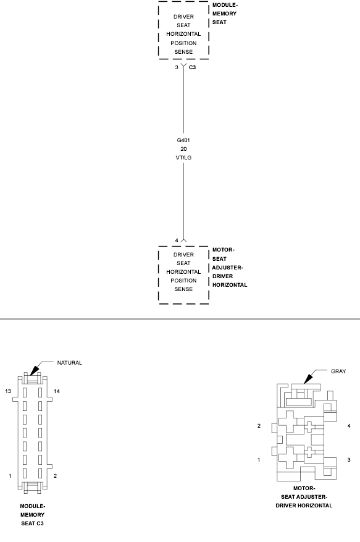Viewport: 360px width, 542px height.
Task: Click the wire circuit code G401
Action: pyautogui.click(x=183, y=140)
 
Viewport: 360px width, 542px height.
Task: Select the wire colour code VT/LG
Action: pyautogui.click(x=183, y=158)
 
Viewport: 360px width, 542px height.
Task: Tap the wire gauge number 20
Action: pyautogui.click(x=183, y=149)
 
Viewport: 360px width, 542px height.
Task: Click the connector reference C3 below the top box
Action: pyautogui.click(x=193, y=67)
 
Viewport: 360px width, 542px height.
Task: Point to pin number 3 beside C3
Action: pyautogui.click(x=177, y=67)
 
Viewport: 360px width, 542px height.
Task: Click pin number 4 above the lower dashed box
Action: pyautogui.click(x=177, y=240)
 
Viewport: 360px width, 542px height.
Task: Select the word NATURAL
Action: pyautogui.click(x=69, y=363)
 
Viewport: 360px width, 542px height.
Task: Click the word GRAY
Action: pyautogui.click(x=338, y=371)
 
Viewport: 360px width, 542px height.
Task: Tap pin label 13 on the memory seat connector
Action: pyautogui.click(x=8, y=391)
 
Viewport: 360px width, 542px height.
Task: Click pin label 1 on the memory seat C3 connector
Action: pyautogui.click(x=10, y=476)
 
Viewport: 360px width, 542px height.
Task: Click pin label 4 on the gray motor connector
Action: pyautogui.click(x=349, y=426)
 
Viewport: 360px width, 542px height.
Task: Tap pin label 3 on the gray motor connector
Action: pyautogui.click(x=349, y=460)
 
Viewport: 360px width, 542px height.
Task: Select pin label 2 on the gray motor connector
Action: pyautogui.click(x=259, y=426)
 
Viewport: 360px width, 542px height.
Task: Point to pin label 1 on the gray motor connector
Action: pyautogui.click(x=259, y=460)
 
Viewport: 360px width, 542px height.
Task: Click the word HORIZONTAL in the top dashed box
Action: pyautogui.click(x=183, y=35)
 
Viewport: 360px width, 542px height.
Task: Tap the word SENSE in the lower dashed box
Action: pyautogui.click(x=183, y=289)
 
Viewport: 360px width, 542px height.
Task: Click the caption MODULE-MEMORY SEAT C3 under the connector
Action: pyautogui.click(x=32, y=515)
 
